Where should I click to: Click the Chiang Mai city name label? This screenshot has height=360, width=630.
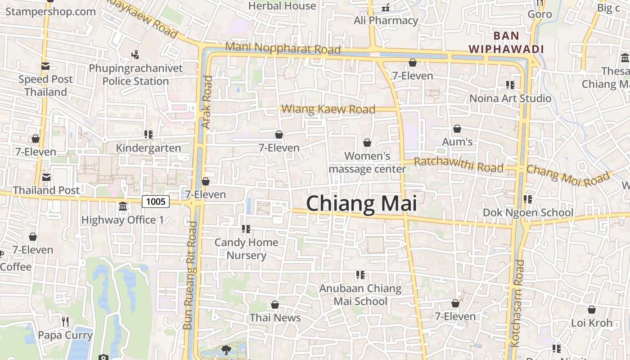click(361, 204)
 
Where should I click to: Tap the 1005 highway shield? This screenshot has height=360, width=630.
click(156, 201)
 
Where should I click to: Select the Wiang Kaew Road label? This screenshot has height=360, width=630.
click(328, 109)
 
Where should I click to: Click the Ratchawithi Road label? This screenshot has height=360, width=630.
click(459, 165)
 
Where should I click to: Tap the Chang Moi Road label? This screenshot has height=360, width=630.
click(568, 175)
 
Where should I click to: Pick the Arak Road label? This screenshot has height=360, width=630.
click(207, 102)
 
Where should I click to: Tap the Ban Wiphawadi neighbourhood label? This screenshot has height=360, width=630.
click(506, 42)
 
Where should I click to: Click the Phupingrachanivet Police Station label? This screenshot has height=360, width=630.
click(136, 75)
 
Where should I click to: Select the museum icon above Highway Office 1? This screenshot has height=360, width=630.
click(122, 207)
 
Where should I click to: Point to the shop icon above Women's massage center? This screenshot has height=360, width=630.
click(367, 143)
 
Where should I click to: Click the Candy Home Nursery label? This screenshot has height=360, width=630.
click(246, 249)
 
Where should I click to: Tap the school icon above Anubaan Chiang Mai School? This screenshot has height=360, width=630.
click(360, 274)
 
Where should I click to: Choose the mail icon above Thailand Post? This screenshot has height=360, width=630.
click(46, 177)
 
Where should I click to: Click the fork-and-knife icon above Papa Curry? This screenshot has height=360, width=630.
click(65, 321)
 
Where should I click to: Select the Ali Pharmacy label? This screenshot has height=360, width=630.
click(386, 21)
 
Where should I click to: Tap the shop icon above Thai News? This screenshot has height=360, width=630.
click(275, 305)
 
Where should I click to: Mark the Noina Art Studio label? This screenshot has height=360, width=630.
click(510, 98)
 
